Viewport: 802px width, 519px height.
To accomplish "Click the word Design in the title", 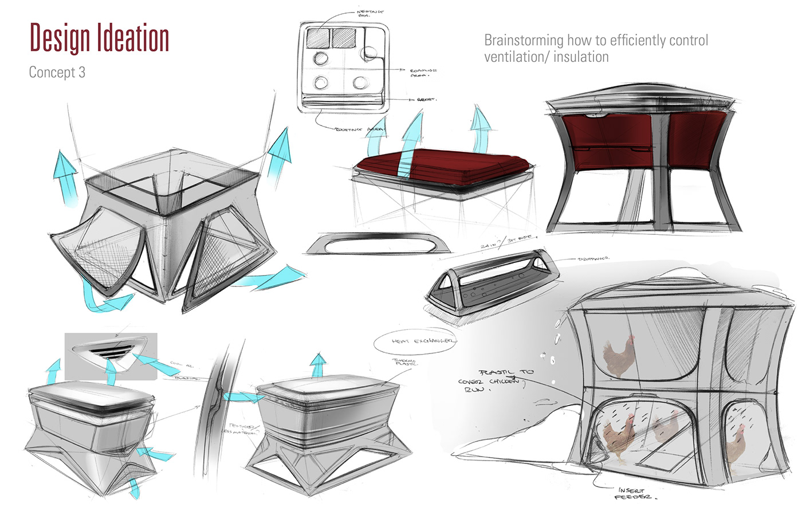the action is (x=60, y=38).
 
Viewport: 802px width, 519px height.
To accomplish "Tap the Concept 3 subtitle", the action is (x=57, y=72).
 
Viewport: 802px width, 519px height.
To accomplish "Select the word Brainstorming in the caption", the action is (x=524, y=41).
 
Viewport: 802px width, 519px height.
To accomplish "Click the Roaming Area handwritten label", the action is (x=423, y=72).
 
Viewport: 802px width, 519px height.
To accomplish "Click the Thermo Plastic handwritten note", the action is (x=405, y=363).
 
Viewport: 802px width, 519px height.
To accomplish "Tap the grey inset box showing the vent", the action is (x=111, y=356).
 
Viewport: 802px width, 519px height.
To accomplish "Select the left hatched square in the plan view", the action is (x=319, y=38).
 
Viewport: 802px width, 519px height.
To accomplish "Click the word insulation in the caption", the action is (x=581, y=57).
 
